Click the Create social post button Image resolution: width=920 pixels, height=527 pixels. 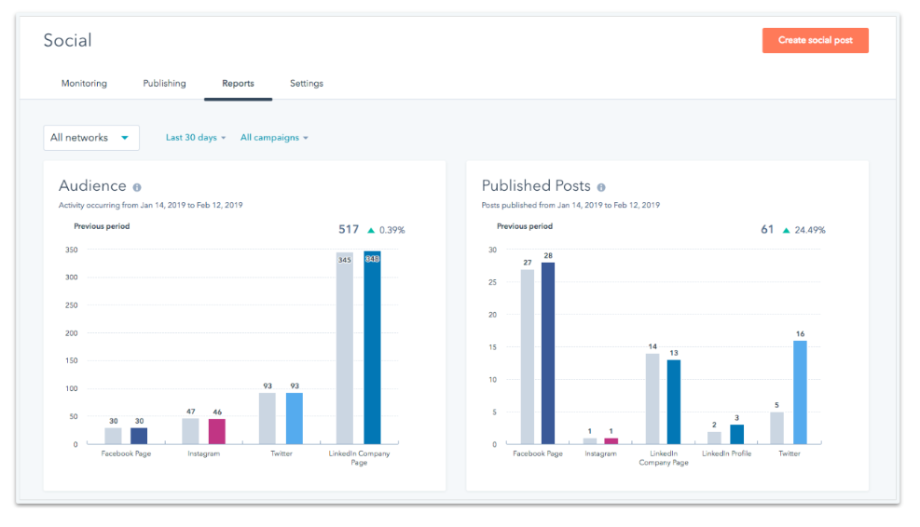(x=815, y=41)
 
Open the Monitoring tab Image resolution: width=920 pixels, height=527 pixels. (x=84, y=84)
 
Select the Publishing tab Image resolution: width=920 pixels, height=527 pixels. (x=164, y=84)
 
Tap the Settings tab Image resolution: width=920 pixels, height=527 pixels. (x=306, y=84)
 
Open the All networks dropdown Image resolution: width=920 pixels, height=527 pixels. (x=91, y=138)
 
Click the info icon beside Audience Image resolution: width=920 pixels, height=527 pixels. (x=137, y=187)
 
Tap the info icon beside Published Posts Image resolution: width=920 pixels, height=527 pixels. (x=601, y=187)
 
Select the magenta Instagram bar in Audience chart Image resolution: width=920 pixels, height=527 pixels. (x=216, y=431)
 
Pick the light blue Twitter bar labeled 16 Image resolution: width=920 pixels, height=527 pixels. (x=800, y=392)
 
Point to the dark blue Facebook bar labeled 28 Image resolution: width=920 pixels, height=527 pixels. (x=548, y=353)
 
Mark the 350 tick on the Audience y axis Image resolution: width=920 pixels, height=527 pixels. (x=71, y=250)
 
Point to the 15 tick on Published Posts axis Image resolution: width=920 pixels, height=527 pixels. (x=492, y=347)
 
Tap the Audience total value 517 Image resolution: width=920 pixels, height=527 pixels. (x=348, y=229)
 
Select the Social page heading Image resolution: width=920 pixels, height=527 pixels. (x=68, y=40)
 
